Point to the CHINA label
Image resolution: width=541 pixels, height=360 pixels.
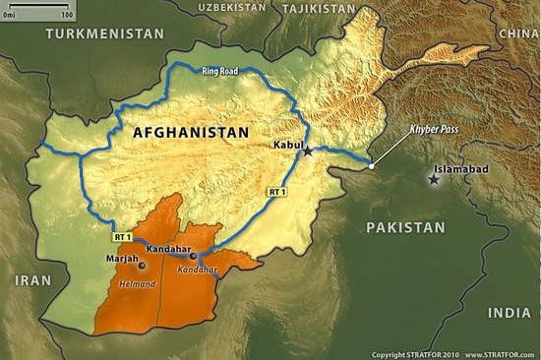point(518,32)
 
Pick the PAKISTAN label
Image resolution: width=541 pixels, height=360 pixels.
point(405,226)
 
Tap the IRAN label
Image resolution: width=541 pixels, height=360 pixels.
point(32,280)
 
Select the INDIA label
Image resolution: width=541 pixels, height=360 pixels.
point(509,312)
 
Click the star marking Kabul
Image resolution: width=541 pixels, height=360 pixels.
point(308,150)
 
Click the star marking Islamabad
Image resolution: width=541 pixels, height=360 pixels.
point(434,178)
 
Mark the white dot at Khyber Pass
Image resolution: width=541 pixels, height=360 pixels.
point(372,165)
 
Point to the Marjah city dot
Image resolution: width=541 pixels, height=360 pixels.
point(142,265)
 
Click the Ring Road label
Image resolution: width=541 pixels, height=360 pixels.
point(221,72)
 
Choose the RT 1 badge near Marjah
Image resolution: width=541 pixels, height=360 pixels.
point(122,237)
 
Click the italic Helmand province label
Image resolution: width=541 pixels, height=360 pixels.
point(138,285)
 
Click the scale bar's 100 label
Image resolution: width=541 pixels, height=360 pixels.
point(67,17)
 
